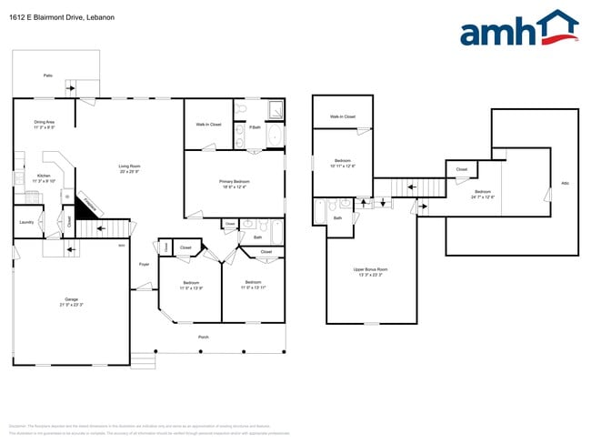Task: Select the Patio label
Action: coord(47,76)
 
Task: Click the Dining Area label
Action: coord(45,122)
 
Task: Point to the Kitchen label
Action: coord(44,176)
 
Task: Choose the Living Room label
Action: coord(129,166)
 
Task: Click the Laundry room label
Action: coord(26,221)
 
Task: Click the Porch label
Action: coord(204,337)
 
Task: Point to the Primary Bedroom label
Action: coord(235,181)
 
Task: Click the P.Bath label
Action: coord(255,127)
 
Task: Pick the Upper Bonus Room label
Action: coord(371,268)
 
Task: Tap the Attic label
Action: coord(564,183)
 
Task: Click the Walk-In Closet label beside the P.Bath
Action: coord(208,124)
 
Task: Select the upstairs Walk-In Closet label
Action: coord(342,116)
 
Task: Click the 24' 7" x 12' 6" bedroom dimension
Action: coord(483,197)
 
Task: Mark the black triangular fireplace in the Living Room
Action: coord(85,207)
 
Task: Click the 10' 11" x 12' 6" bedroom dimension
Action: coord(342,166)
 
